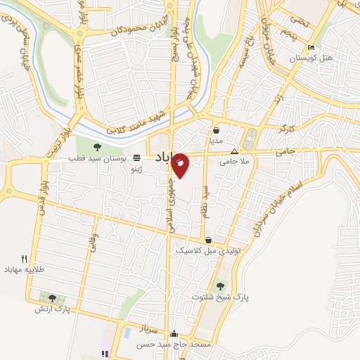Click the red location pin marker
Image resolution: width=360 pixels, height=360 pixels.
(x=180, y=165)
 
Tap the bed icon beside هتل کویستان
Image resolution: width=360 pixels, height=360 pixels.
(x=311, y=48)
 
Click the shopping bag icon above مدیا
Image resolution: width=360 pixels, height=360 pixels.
(x=216, y=130)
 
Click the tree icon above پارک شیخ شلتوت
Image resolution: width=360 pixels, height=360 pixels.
(x=221, y=285)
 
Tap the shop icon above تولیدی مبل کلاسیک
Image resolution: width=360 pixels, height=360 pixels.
(x=208, y=240)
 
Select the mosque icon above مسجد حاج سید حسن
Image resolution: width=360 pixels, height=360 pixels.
(x=174, y=334)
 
